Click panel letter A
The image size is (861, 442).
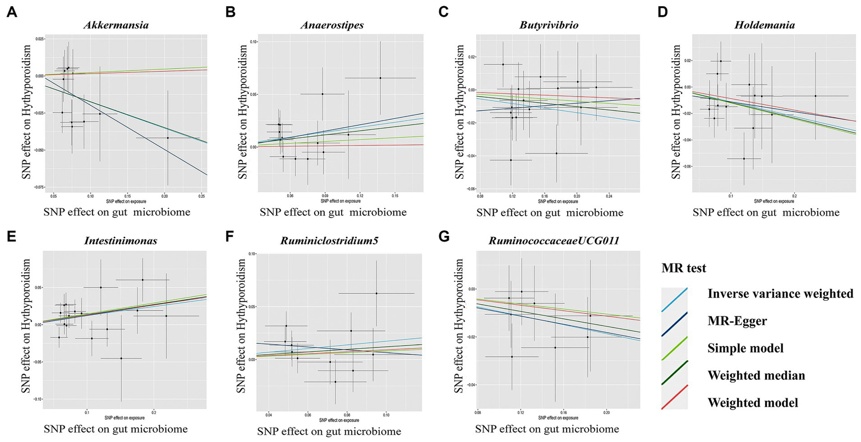(10, 12)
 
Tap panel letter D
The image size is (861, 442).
(662, 12)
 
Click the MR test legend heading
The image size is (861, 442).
(682, 268)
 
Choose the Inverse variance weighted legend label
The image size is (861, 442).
(780, 294)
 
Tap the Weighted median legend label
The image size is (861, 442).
(756, 375)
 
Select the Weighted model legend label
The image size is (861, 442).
(753, 402)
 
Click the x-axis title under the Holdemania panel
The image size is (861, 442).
(766, 212)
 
